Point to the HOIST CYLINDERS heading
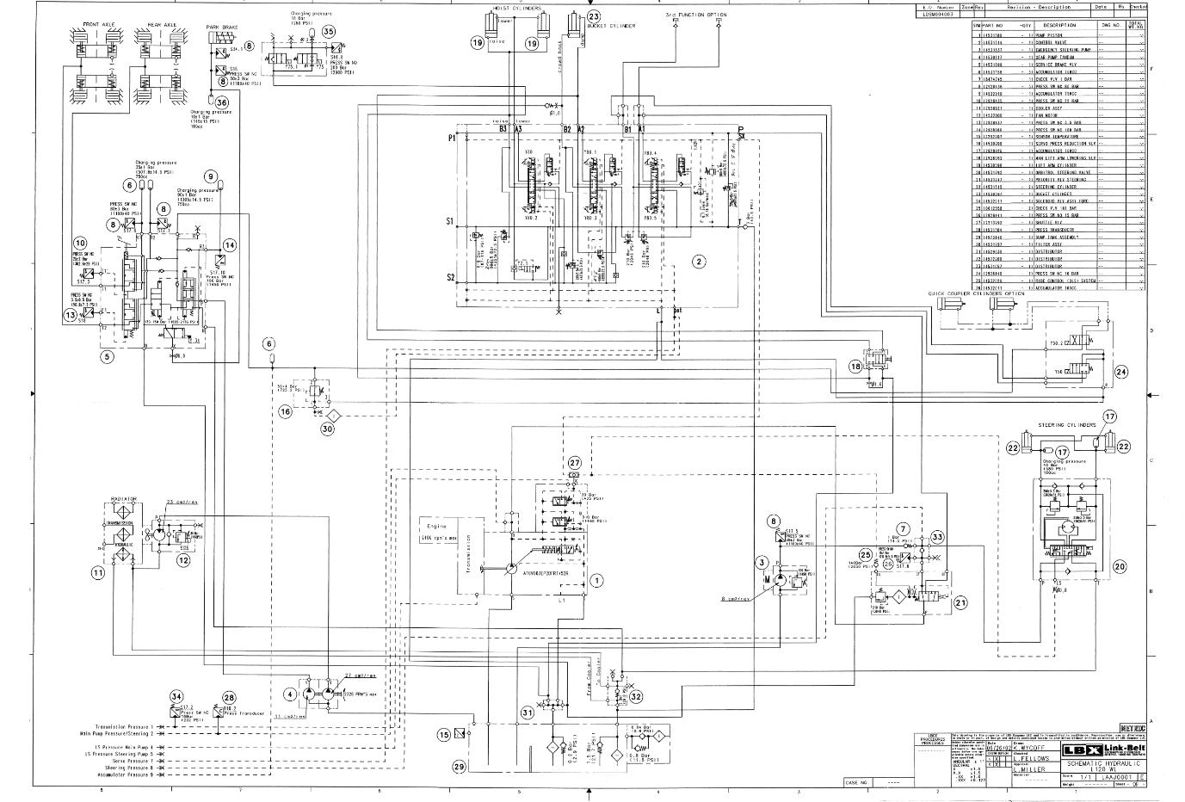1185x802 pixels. point(516,8)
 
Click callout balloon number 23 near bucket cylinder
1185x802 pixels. point(594,16)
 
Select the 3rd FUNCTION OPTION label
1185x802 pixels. point(695,15)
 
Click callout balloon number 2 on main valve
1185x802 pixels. point(699,261)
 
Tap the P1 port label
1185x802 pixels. point(451,138)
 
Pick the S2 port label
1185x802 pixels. point(450,277)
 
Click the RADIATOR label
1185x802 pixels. point(124,499)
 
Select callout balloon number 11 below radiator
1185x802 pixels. point(98,572)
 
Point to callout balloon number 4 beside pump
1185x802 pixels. point(291,694)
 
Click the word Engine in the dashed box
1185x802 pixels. point(435,525)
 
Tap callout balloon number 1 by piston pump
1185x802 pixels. point(596,581)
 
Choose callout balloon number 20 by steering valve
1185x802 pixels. point(1120,566)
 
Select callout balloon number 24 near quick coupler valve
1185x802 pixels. point(1121,372)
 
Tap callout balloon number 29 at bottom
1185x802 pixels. point(459,766)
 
